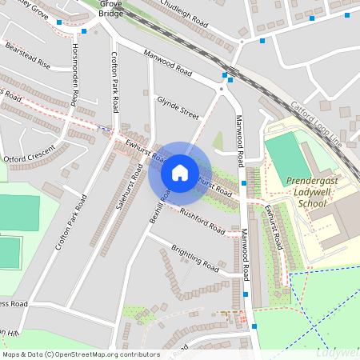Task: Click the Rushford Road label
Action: (202, 220)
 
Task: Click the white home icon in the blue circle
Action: (180, 173)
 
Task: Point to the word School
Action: (311, 204)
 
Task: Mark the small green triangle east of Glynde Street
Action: (217, 142)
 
